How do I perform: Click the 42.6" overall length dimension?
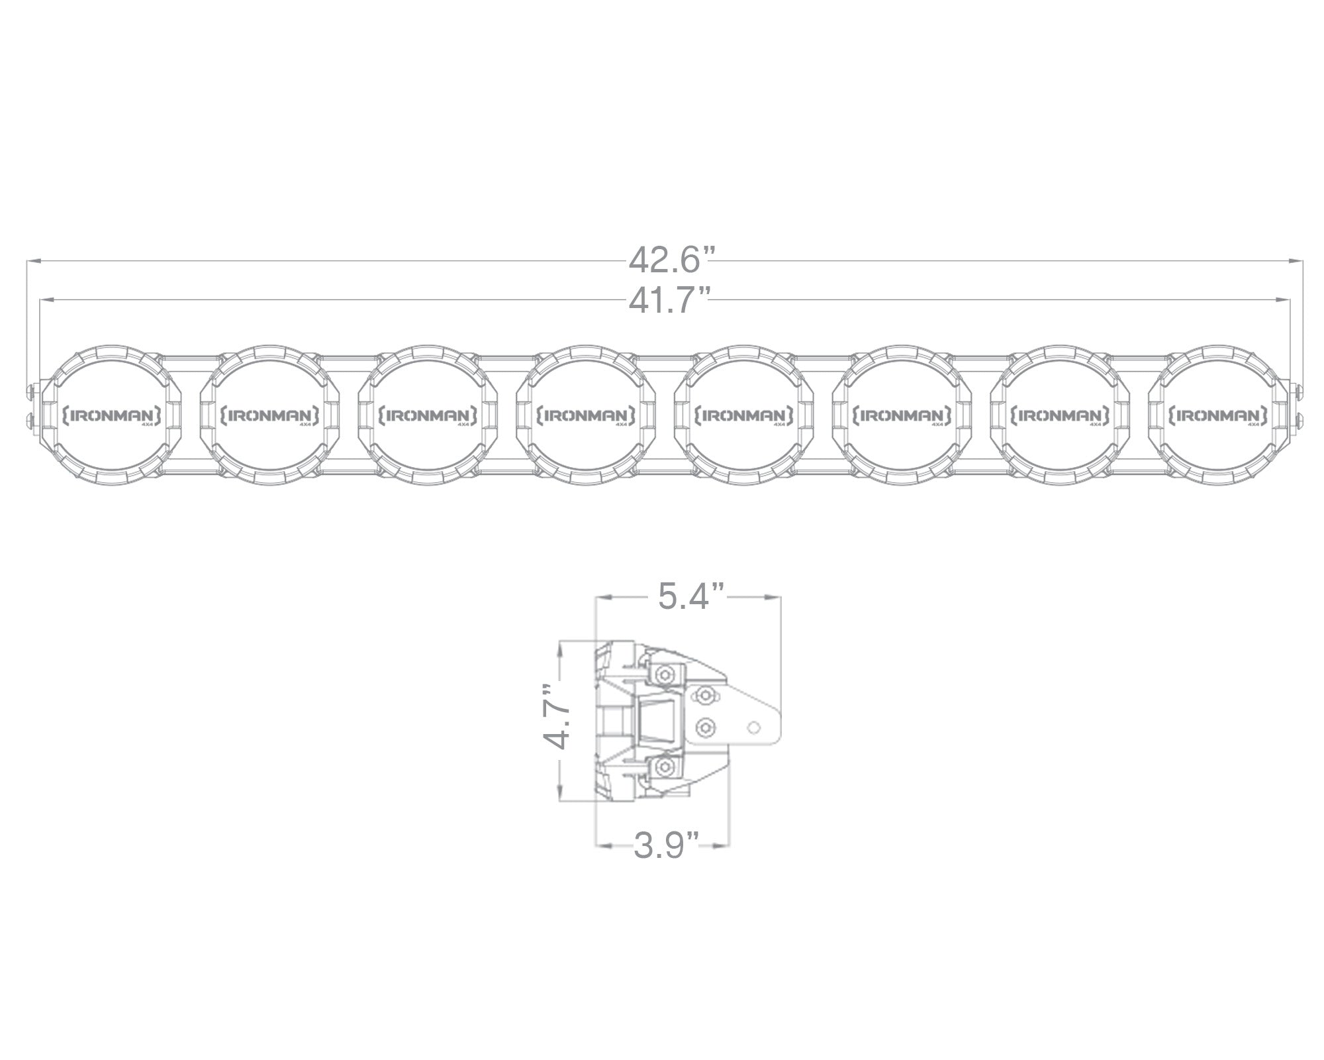(672, 260)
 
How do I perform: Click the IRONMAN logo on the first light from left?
(107, 416)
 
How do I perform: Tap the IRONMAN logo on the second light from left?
(266, 416)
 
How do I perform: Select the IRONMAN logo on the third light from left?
(424, 416)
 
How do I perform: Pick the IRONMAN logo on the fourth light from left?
(582, 416)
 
